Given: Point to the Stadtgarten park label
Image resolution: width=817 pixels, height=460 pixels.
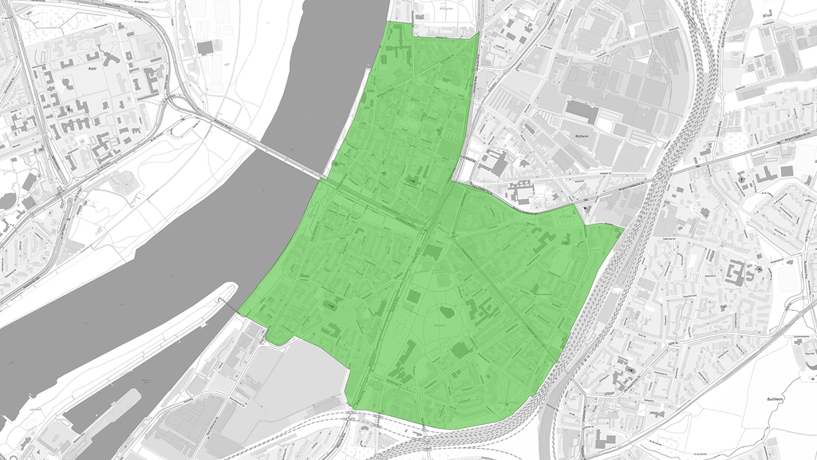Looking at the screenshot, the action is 441,327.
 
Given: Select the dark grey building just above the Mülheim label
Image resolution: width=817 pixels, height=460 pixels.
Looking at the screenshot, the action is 582,112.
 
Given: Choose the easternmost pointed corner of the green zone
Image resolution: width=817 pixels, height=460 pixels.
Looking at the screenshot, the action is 622,228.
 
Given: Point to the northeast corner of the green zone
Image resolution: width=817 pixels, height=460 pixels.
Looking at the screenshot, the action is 478,34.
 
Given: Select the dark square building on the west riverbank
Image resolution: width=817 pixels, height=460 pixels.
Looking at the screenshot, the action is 206,48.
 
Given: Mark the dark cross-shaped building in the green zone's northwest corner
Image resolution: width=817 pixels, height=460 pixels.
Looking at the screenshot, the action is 396,54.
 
